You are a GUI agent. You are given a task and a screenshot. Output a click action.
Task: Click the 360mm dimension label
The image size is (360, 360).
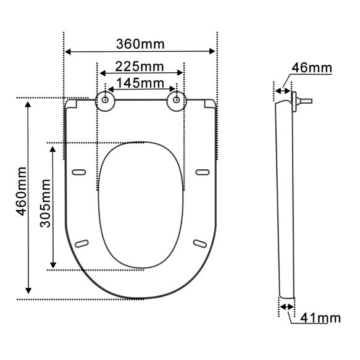click(141, 44)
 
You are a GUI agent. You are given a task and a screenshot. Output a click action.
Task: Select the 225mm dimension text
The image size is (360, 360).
click(140, 65)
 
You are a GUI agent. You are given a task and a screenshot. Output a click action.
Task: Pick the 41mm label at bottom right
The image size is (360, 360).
click(320, 318)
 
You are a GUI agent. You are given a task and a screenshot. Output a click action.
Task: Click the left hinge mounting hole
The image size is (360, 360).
click(106, 99)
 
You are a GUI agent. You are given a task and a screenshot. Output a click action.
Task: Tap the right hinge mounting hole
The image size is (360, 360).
click(177, 99)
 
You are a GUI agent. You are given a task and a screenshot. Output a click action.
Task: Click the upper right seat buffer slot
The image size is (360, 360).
click(202, 172)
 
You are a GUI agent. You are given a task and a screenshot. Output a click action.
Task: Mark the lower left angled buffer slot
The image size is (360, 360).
click(82, 243)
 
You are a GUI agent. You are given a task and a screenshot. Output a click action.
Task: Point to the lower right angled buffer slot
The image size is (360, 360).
click(200, 243)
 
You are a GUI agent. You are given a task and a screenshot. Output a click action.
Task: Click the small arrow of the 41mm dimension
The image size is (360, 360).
click(286, 306)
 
